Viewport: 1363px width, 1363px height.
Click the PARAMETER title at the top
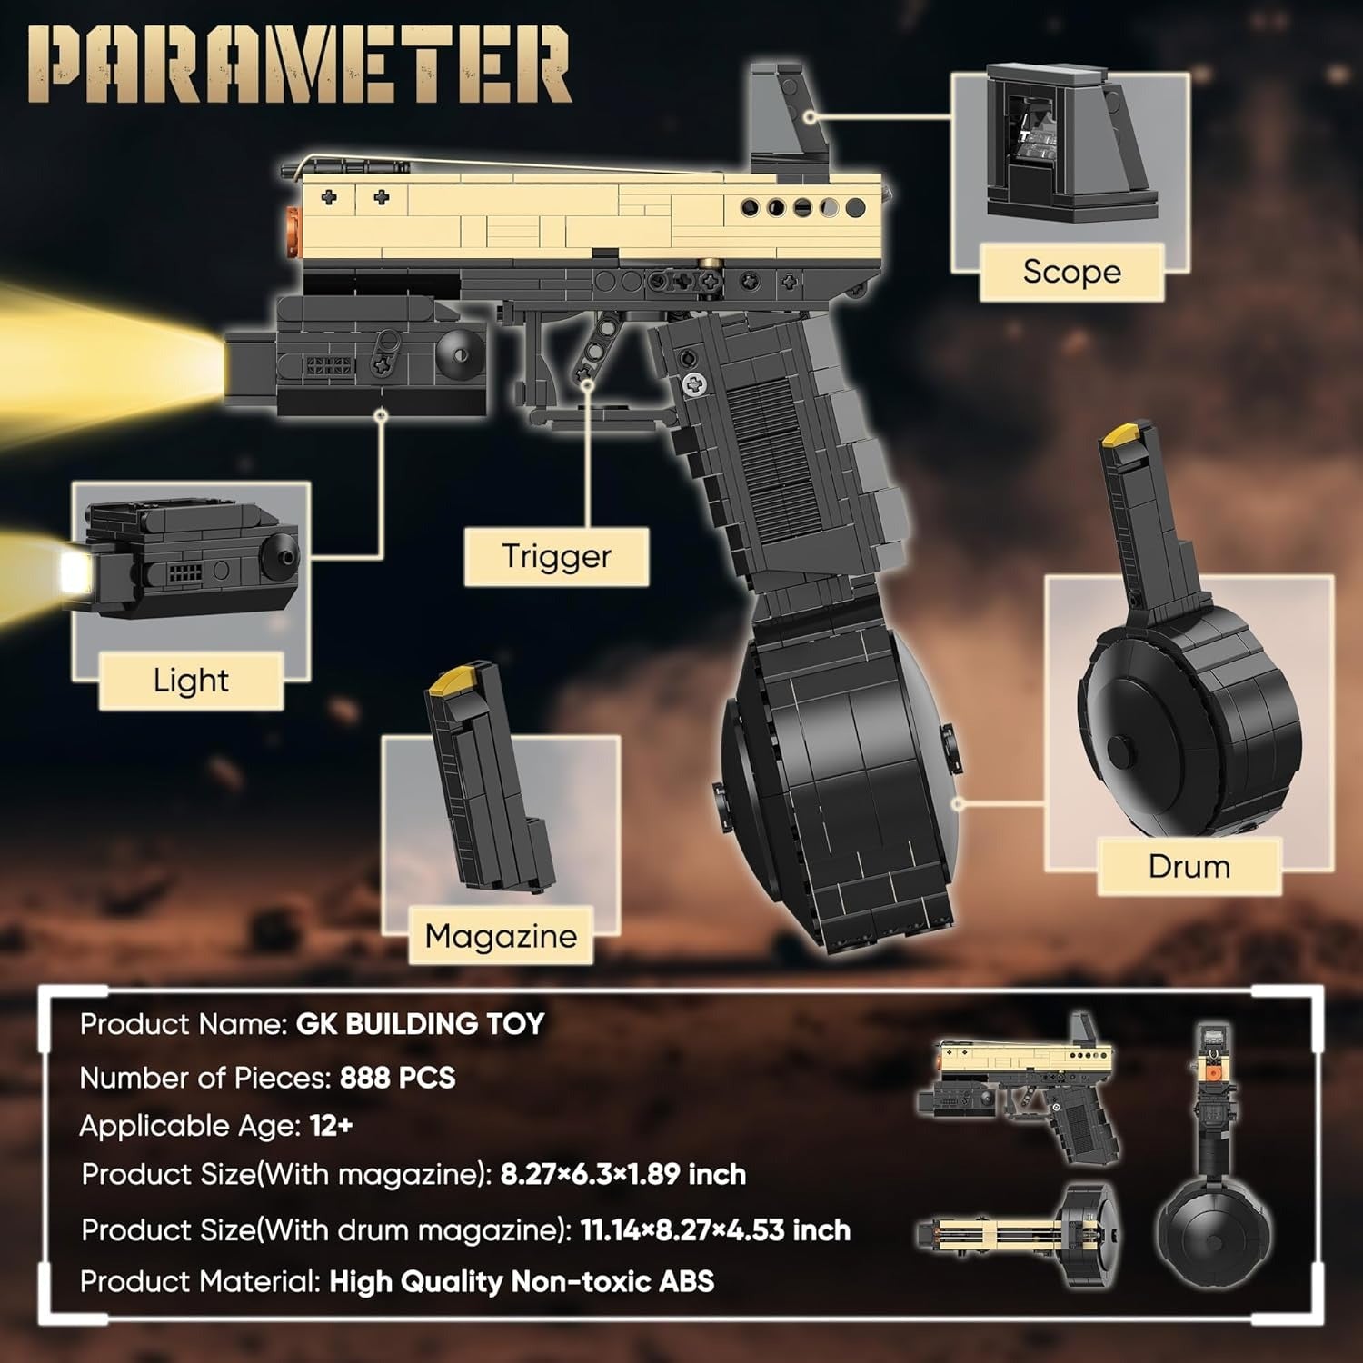[x=299, y=65]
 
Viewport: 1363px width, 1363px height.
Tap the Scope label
[x=1071, y=272]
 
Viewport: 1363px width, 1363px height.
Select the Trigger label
[x=556, y=556]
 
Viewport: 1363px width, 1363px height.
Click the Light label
[x=191, y=681]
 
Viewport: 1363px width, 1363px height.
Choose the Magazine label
[x=501, y=936]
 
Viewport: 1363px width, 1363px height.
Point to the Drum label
[x=1189, y=866]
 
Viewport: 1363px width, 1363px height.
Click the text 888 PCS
[x=397, y=1078]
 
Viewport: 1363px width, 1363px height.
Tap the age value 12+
[x=331, y=1126]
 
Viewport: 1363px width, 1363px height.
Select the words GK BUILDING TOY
[x=420, y=1024]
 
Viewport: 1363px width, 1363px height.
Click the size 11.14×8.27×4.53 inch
[x=715, y=1230]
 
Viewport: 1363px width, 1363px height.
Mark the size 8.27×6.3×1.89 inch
[x=622, y=1174]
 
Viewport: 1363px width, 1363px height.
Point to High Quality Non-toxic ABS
[x=522, y=1281]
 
